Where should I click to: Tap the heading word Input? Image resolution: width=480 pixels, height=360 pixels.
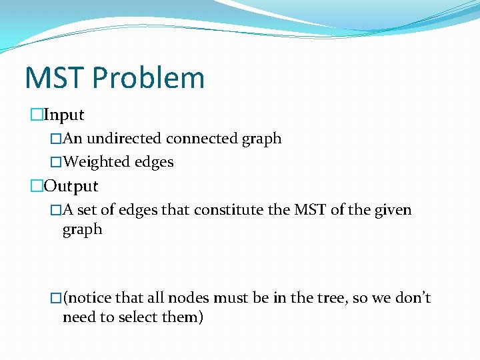pos(63,115)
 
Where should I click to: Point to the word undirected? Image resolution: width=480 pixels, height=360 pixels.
pos(125,139)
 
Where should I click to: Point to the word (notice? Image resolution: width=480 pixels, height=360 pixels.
pos(87,297)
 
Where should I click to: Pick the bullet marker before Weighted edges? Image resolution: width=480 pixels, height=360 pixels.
pos(56,162)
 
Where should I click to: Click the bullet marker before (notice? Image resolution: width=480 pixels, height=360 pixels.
pos(56,297)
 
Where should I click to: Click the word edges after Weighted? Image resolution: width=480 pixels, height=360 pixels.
pos(153,162)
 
